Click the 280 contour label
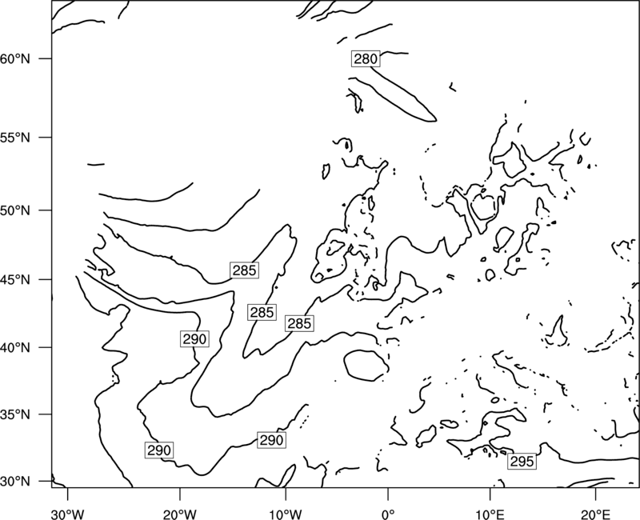point(366,59)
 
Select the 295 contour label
point(522,462)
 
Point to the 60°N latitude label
point(15,58)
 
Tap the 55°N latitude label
point(15,138)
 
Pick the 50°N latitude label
point(15,210)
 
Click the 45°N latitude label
point(15,279)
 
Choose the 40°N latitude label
point(15,347)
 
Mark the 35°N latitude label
point(15,414)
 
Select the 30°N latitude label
point(15,482)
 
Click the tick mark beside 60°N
point(46,58)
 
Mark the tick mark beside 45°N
point(46,279)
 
